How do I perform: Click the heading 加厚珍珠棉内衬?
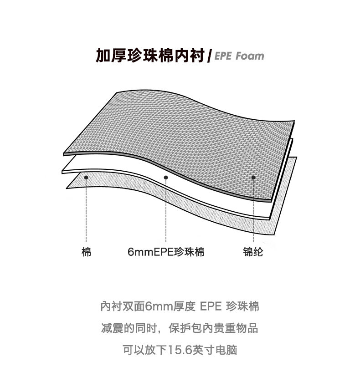(149, 56)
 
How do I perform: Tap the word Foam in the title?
(250, 56)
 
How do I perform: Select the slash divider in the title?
(209, 56)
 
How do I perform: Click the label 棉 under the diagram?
(86, 252)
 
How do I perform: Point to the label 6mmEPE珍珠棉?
(166, 252)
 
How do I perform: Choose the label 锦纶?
(253, 252)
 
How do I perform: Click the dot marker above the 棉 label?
(86, 176)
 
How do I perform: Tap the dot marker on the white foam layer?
(166, 178)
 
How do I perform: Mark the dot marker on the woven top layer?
(253, 178)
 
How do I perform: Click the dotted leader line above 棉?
(86, 209)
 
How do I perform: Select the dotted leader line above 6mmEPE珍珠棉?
(166, 209)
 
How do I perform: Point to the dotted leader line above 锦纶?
(253, 209)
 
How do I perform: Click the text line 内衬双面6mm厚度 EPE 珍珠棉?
(180, 306)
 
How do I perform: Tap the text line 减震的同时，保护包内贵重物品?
(180, 328)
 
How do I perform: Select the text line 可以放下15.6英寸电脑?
(180, 350)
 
